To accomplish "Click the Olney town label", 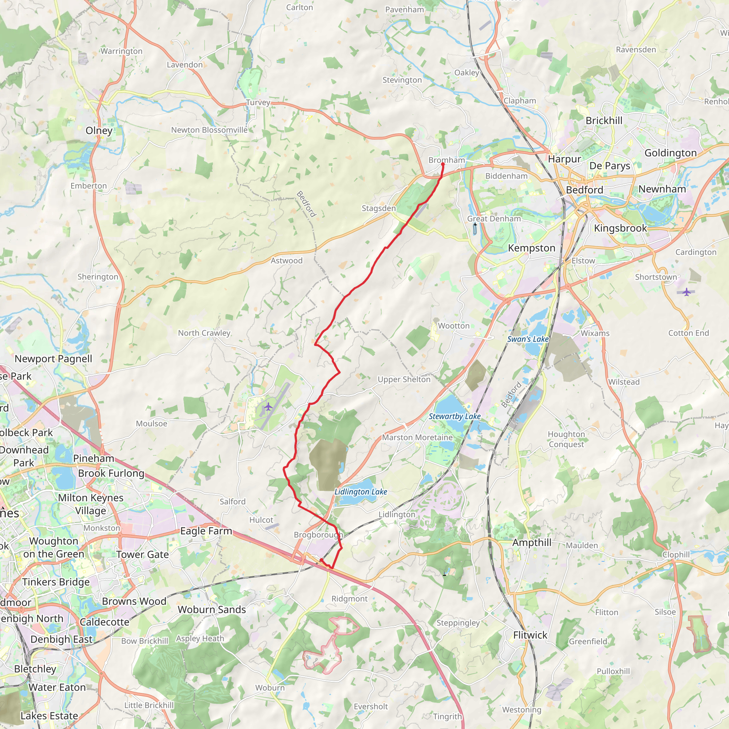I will (99, 131).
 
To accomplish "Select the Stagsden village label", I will (378, 208).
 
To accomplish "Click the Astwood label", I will (287, 261).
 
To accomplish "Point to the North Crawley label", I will (204, 333).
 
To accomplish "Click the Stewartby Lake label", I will (454, 416).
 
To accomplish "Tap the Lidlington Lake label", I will (361, 492).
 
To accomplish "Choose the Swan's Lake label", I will (528, 339).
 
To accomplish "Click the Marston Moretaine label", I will (417, 437).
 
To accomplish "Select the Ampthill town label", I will (532, 542).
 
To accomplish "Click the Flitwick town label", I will (530, 635).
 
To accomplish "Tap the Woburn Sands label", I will (212, 610).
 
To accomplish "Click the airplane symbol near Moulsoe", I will (268, 407).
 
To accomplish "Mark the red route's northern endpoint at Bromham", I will (442, 164).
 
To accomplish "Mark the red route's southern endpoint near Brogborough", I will (321, 560).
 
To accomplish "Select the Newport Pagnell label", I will (53, 359).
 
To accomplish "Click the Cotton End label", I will (688, 333).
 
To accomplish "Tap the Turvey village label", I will (258, 103).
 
